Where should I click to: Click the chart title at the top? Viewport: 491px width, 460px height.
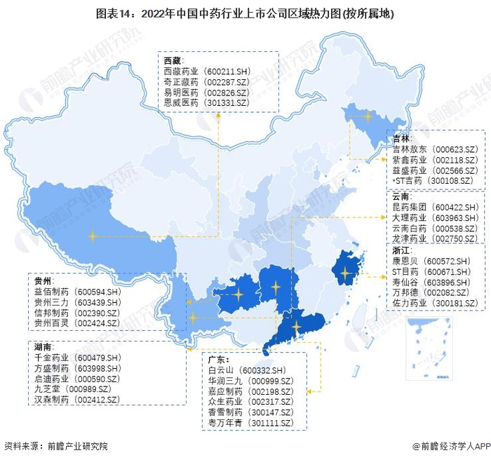point(245,13)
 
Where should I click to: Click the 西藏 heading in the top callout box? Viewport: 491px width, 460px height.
point(171,60)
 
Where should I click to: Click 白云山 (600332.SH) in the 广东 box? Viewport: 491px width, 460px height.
point(246,370)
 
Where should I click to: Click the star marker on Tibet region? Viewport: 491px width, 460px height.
point(92,236)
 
